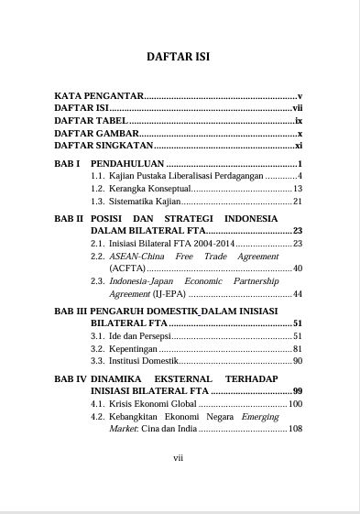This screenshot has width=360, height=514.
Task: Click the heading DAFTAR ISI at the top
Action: pos(179,57)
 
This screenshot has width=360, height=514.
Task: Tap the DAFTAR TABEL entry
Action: pos(92,121)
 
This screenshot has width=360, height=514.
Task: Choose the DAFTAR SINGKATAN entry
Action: pos(103,147)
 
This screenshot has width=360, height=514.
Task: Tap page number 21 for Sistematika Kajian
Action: pos(297,201)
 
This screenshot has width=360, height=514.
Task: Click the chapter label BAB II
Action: pos(69,219)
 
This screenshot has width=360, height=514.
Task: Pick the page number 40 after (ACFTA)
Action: pos(297,268)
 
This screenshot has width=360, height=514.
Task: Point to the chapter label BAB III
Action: pos(71,312)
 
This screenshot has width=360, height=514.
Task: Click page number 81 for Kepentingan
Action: pos(297,349)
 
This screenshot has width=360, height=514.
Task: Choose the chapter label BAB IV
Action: pos(71,378)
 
